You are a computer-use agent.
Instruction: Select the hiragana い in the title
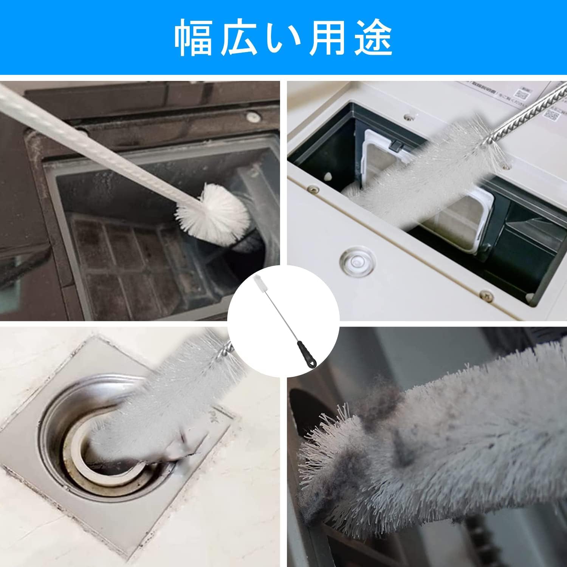click(283, 38)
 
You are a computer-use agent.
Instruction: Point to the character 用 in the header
click(327, 38)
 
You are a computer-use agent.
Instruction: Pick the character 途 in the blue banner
click(372, 38)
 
